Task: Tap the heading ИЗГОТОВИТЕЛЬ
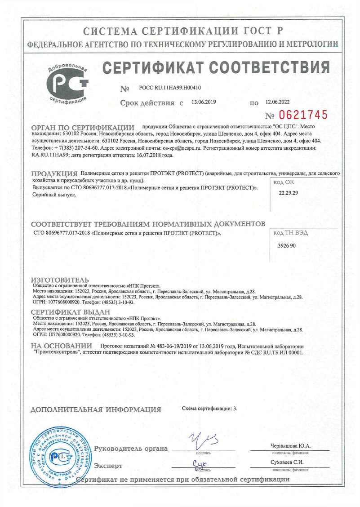point(60,280)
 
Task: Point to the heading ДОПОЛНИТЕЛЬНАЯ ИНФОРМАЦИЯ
point(95,409)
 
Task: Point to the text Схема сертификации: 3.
point(209,408)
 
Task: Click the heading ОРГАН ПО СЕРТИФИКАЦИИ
point(83,128)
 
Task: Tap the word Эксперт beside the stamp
point(108,466)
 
